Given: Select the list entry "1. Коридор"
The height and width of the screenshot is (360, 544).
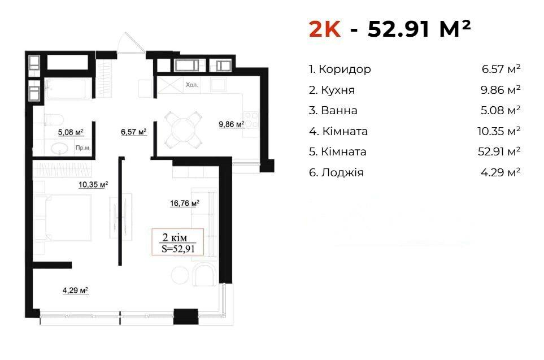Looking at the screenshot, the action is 340,69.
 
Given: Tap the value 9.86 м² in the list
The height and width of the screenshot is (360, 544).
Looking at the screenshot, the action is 501,90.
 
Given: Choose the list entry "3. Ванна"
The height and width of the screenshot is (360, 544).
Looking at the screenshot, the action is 333,110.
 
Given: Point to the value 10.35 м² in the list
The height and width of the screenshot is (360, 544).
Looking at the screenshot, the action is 499,131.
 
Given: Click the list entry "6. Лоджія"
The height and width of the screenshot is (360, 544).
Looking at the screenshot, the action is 336,172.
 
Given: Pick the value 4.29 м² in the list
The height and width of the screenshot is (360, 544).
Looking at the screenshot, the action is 501,172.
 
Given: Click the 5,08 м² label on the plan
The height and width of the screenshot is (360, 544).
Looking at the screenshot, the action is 71,132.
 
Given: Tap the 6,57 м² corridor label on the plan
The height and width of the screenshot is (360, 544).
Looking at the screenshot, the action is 133,132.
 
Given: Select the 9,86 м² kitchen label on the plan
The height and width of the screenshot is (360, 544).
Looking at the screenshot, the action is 232,124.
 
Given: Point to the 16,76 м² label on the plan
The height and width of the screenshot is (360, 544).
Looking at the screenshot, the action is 185,203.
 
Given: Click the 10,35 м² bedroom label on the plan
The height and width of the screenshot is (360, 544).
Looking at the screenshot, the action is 93,185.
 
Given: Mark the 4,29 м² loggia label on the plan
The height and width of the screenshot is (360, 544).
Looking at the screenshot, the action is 75,290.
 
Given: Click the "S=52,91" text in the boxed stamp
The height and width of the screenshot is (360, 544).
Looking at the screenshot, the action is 178,249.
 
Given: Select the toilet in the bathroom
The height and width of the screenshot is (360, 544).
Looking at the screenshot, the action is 53,119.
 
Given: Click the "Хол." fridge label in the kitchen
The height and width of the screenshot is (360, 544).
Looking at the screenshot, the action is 192,84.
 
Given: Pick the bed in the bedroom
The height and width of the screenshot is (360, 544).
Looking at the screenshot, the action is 63,218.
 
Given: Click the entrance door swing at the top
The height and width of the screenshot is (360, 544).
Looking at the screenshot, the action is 131,43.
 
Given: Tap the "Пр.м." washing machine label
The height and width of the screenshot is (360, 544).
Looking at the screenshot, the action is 83,148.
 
